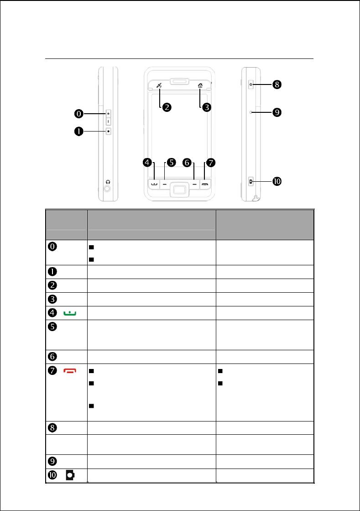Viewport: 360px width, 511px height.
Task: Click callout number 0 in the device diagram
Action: pyautogui.click(x=79, y=113)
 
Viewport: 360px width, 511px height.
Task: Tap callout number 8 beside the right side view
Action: pyautogui.click(x=277, y=84)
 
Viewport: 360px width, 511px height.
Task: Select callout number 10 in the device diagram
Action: pyautogui.click(x=277, y=182)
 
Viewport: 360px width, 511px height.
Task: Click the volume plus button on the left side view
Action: pyautogui.click(x=109, y=113)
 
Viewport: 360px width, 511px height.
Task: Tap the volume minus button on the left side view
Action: pyautogui.click(x=109, y=121)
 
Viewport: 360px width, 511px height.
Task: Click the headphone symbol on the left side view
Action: pyautogui.click(x=108, y=181)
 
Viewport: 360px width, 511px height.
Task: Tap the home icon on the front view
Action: pyautogui.click(x=200, y=85)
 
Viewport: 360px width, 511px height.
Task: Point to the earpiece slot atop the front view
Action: pyautogui.click(x=180, y=82)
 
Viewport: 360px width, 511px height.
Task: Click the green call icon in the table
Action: pyautogui.click(x=70, y=313)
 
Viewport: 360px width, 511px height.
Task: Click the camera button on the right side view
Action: pyautogui.click(x=251, y=181)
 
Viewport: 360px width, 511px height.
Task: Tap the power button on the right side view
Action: pyautogui.click(x=251, y=84)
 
